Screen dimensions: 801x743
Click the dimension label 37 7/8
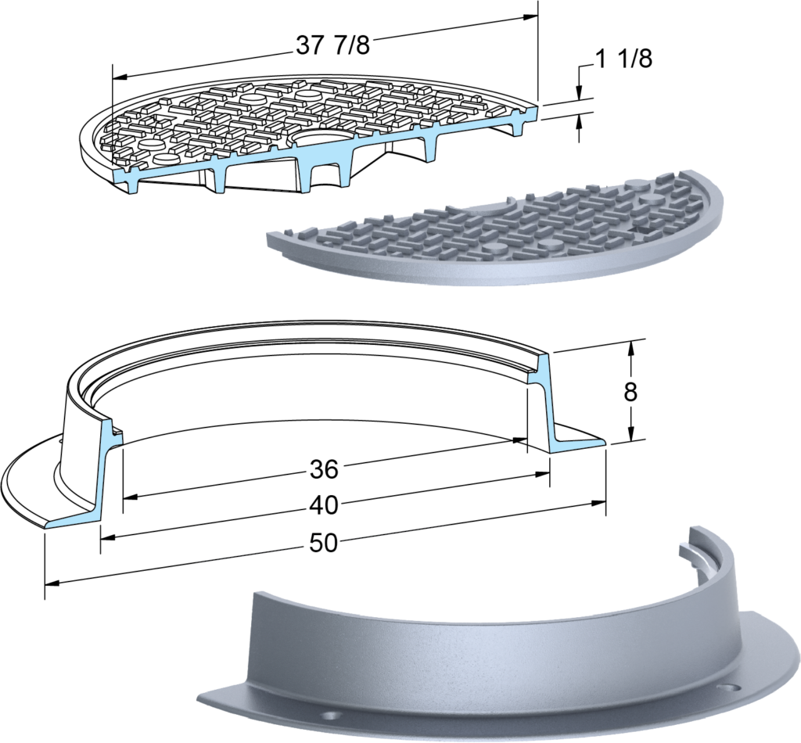pyautogui.click(x=332, y=45)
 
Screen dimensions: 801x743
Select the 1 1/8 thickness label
pyautogui.click(x=624, y=59)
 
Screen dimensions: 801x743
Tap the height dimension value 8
pyautogui.click(x=631, y=392)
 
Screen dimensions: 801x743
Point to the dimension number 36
pyautogui.click(x=324, y=469)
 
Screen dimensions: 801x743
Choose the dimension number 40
pyautogui.click(x=324, y=505)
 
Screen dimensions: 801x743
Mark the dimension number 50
pyautogui.click(x=324, y=543)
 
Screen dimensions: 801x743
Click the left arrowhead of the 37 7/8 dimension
pyautogui.click(x=120, y=77)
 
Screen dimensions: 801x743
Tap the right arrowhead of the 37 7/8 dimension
pyautogui.click(x=530, y=17)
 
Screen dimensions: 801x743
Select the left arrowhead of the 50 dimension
pyautogui.click(x=52, y=583)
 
